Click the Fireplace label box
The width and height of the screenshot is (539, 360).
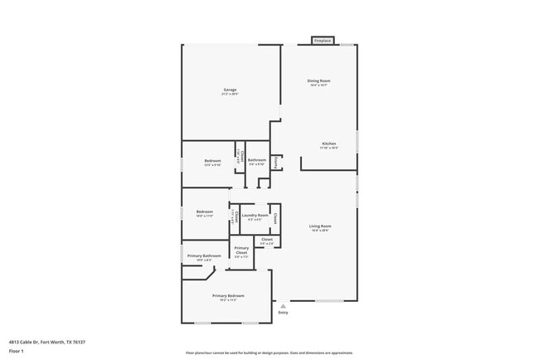coord(322,40)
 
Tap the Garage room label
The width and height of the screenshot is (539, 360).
coord(230,90)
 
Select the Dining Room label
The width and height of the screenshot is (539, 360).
coord(319,80)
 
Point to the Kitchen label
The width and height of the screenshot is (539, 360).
coord(329,144)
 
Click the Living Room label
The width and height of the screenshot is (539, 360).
coord(320,226)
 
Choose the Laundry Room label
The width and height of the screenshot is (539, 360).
coord(255,216)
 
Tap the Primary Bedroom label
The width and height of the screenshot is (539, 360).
coord(228,295)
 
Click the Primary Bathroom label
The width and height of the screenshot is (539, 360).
coord(204,255)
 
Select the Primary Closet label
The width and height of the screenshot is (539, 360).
coord(241,250)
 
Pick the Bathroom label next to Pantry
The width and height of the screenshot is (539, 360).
coord(256,159)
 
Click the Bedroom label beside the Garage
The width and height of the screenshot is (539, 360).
coord(212,160)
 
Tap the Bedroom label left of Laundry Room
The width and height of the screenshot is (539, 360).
coord(205,212)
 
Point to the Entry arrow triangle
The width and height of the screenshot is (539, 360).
coord(283,304)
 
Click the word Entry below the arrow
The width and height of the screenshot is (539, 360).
coord(283,313)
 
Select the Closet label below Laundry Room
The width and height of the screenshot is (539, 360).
coord(266,240)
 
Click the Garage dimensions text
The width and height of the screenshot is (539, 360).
coord(230,95)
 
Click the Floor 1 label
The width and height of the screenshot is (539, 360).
coord(17,351)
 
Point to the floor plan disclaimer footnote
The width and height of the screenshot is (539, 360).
coord(269,353)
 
